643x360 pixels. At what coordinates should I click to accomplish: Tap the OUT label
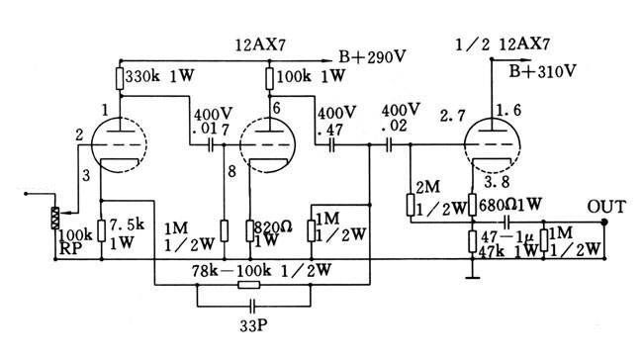(605, 206)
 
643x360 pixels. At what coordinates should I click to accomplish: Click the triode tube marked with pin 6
(268, 148)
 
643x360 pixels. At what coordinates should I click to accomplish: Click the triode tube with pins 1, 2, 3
(119, 148)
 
